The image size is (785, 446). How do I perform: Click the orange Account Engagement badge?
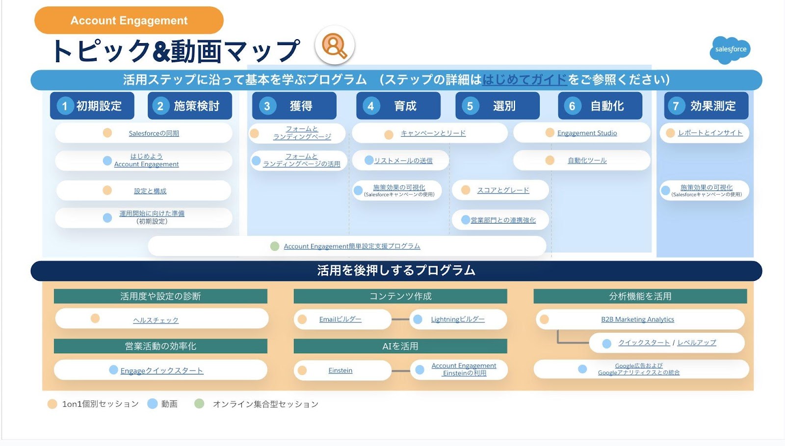129,21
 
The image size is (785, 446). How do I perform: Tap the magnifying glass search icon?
334,46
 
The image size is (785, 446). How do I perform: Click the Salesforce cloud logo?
730,50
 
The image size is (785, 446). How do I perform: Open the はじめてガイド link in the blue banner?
524,79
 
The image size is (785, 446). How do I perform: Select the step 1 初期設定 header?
92,106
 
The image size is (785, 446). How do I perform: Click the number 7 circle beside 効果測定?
676,106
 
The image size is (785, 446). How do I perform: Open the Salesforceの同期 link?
154,133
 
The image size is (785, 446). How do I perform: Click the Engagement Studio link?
587,133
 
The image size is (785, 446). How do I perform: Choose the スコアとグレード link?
503,190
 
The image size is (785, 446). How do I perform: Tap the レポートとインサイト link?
710,133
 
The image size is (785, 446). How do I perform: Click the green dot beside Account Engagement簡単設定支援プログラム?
275,246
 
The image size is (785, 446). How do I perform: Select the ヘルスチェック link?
156,320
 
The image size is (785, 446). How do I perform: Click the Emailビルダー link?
340,320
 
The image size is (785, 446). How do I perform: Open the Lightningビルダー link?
457,320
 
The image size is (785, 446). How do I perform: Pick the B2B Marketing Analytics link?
637,320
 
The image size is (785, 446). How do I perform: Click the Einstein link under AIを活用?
340,371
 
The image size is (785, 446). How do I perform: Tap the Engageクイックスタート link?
161,371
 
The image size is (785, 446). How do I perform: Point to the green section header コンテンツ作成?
400,296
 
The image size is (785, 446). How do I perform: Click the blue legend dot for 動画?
153,404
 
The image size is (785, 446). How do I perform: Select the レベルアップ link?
697,343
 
